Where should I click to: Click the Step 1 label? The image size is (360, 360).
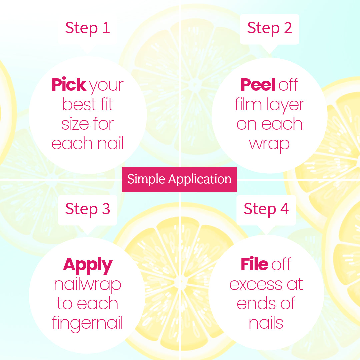tap(87, 28)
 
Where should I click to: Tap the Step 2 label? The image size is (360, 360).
tap(270, 28)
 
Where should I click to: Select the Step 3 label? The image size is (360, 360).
tap(87, 209)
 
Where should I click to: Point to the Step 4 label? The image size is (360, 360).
tap(266, 209)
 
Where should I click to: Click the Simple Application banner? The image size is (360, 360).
tap(179, 180)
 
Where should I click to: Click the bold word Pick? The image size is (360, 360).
tap(69, 84)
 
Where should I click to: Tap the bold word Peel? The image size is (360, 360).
tap(258, 84)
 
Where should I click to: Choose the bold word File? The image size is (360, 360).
tap(254, 264)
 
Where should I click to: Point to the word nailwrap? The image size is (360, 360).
tap(87, 285)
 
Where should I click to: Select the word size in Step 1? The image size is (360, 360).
tap(75, 124)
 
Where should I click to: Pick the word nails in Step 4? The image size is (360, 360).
tap(266, 322)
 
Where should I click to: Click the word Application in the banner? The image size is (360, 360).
tap(200, 180)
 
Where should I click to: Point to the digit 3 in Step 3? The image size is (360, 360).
tap(106, 209)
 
